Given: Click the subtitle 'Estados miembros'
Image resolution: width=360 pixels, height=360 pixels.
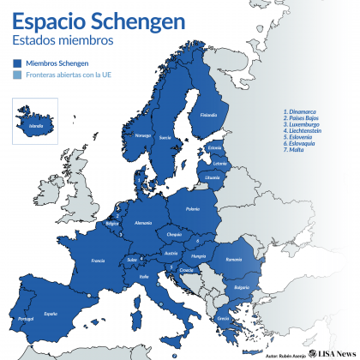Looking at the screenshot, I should [59, 40].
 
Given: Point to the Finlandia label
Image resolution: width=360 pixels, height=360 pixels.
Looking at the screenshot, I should [208, 116].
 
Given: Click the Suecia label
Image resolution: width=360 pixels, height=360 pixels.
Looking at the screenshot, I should [165, 137].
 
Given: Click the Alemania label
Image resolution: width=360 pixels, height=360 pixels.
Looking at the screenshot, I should [143, 222].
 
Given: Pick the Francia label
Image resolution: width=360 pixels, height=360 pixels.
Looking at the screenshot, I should [99, 260].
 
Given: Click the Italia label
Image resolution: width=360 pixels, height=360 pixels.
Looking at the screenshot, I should [144, 276].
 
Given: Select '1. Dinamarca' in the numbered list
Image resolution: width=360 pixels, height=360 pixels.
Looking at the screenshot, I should [300, 111].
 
